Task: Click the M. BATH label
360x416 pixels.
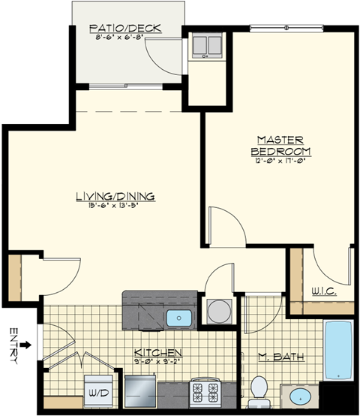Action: (x=281, y=357)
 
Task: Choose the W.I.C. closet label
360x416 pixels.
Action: (x=323, y=291)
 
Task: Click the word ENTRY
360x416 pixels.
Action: (x=13, y=345)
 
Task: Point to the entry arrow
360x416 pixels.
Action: (x=26, y=345)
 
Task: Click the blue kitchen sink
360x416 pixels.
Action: (x=179, y=318)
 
